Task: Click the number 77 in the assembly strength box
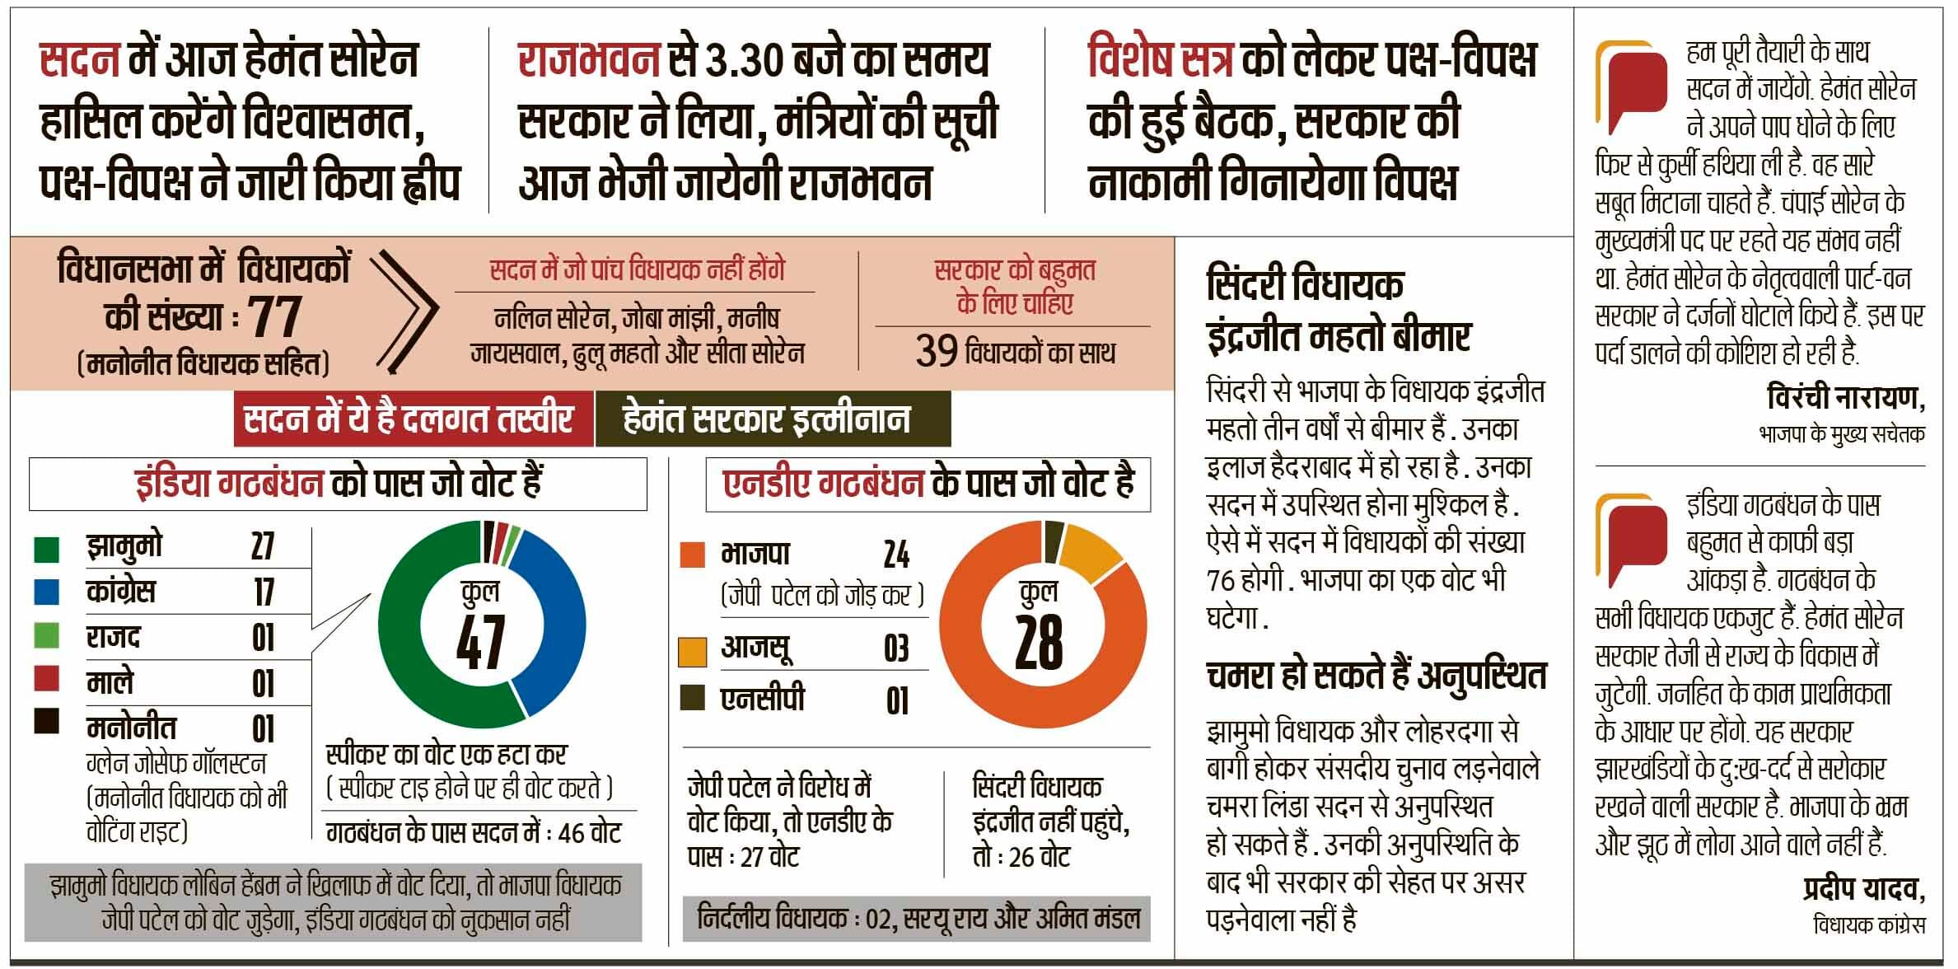tap(274, 317)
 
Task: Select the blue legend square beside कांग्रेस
tap(47, 591)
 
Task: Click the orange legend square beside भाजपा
tap(693, 555)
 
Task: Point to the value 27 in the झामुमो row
tap(263, 546)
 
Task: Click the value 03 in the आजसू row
tap(896, 649)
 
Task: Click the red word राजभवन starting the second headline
tap(589, 61)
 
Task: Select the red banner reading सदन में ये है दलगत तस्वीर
tap(409, 419)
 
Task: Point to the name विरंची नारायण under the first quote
tap(1845, 399)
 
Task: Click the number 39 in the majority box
tap(936, 353)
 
